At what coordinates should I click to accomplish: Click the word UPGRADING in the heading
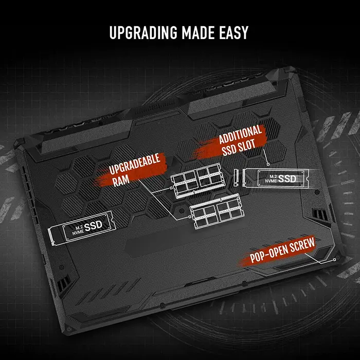pyautogui.click(x=143, y=32)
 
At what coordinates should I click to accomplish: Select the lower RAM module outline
pyautogui.click(x=217, y=211)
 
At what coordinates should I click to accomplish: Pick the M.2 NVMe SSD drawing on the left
pyautogui.click(x=81, y=229)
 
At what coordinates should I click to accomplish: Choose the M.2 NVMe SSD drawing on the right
pyautogui.click(x=276, y=178)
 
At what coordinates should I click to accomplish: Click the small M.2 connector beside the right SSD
pyautogui.click(x=236, y=177)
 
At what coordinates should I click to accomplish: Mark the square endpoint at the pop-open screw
pyautogui.click(x=334, y=259)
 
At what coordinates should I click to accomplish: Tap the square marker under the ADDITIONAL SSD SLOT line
pyautogui.click(x=268, y=164)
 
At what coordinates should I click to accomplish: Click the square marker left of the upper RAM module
pyautogui.click(x=171, y=188)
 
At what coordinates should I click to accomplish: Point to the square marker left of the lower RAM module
pyautogui.click(x=190, y=217)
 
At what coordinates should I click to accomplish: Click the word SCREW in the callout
pyautogui.click(x=302, y=245)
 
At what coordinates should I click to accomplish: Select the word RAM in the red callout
pyautogui.click(x=121, y=181)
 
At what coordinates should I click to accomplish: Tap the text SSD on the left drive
pyautogui.click(x=93, y=226)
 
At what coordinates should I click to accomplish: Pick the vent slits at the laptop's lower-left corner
pyautogui.click(x=63, y=283)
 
